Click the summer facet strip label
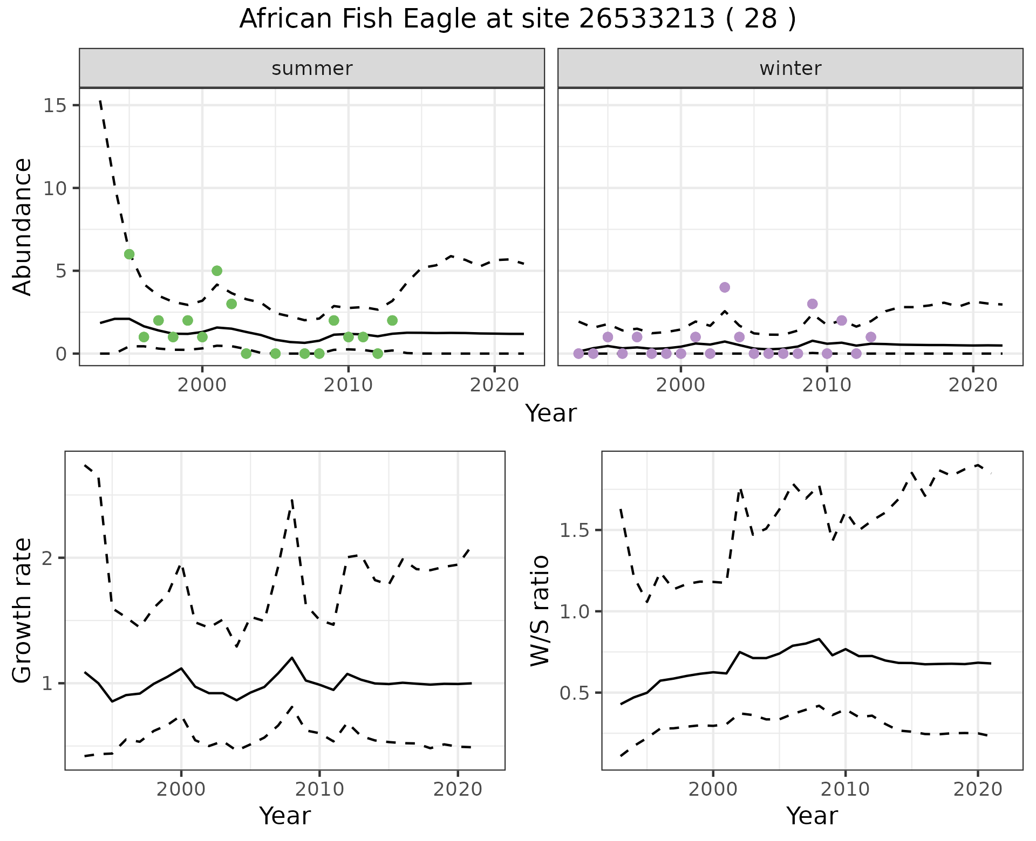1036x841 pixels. click(x=312, y=68)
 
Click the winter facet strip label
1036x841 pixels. click(x=790, y=68)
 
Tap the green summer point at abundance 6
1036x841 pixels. click(x=129, y=254)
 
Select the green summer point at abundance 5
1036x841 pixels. click(x=217, y=271)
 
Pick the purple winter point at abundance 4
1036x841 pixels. click(x=725, y=287)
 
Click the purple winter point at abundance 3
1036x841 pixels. click(x=812, y=304)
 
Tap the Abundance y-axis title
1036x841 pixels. click(x=23, y=226)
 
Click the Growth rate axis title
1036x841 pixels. click(x=23, y=610)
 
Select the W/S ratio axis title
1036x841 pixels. click(x=540, y=610)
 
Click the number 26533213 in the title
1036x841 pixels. click(x=647, y=19)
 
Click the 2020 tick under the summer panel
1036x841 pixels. click(x=494, y=385)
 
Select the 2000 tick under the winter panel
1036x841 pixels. click(x=680, y=385)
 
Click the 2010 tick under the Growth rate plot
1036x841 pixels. click(x=319, y=789)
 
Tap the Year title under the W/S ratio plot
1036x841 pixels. click(x=812, y=816)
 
